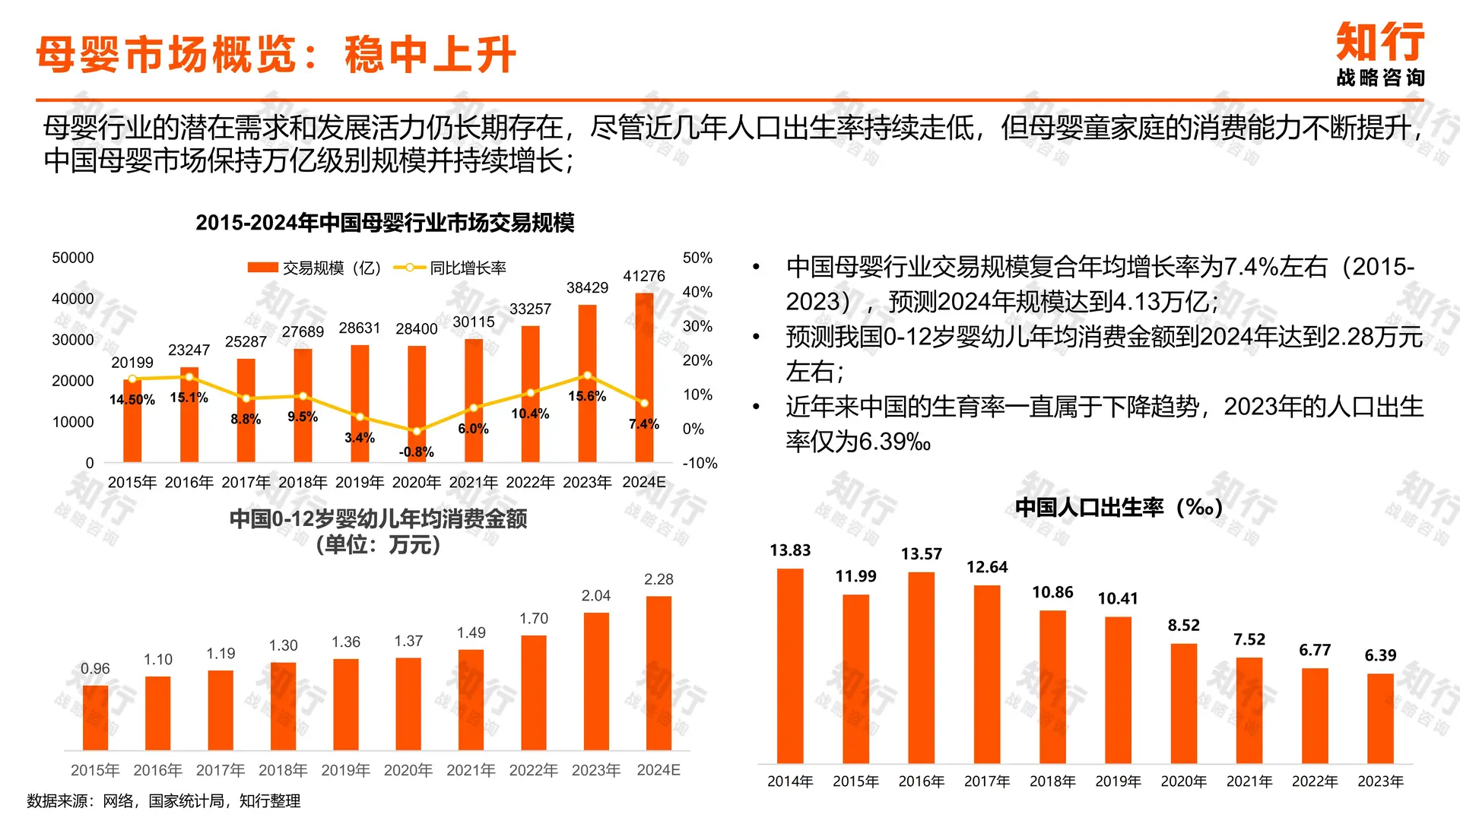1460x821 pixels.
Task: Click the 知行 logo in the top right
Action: [1380, 53]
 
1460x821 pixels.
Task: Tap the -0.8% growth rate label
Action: [416, 452]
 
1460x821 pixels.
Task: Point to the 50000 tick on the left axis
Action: [73, 258]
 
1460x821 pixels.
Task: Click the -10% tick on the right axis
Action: [700, 463]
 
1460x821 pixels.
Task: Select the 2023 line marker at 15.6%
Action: [587, 376]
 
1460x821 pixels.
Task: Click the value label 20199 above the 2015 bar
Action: [132, 363]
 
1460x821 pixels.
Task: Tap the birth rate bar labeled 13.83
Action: [790, 665]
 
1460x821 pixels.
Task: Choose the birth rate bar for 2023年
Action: [1380, 718]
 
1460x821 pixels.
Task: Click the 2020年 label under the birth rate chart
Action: [1183, 781]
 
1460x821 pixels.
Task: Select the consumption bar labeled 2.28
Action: [659, 673]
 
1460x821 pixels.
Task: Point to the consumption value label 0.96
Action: [95, 669]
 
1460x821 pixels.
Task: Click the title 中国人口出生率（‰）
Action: [1118, 507]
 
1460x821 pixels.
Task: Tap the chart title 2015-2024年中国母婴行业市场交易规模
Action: [385, 223]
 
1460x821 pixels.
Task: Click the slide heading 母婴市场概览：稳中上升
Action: [275, 55]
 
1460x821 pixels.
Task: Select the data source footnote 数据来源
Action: [163, 800]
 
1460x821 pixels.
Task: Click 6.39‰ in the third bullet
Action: [894, 442]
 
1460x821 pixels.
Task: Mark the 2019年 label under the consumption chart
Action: [345, 770]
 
